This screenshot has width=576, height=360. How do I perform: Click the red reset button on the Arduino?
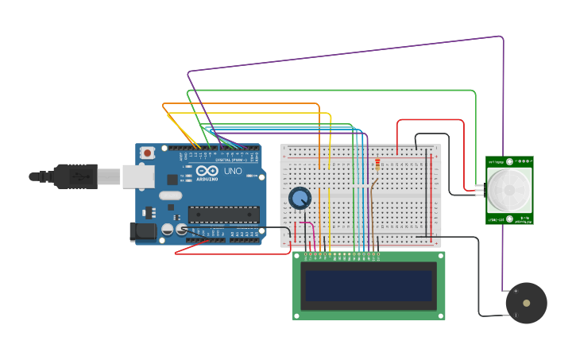pos(147,153)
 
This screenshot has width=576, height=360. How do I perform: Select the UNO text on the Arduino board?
pos(233,171)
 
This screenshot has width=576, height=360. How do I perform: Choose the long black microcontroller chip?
pos(223,215)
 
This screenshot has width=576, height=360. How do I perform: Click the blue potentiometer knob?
pos(300,198)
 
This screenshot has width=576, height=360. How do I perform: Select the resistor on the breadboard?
pos(377,165)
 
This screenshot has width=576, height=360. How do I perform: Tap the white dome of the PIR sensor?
pos(508,189)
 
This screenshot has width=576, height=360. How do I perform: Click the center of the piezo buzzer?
pos(526,303)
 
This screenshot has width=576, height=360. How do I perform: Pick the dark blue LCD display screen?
pos(369,285)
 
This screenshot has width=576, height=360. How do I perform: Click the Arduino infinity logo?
pos(207,171)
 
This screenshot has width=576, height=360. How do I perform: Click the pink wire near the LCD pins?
pos(312,234)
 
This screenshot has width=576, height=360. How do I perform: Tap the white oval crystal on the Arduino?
pos(170,195)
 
